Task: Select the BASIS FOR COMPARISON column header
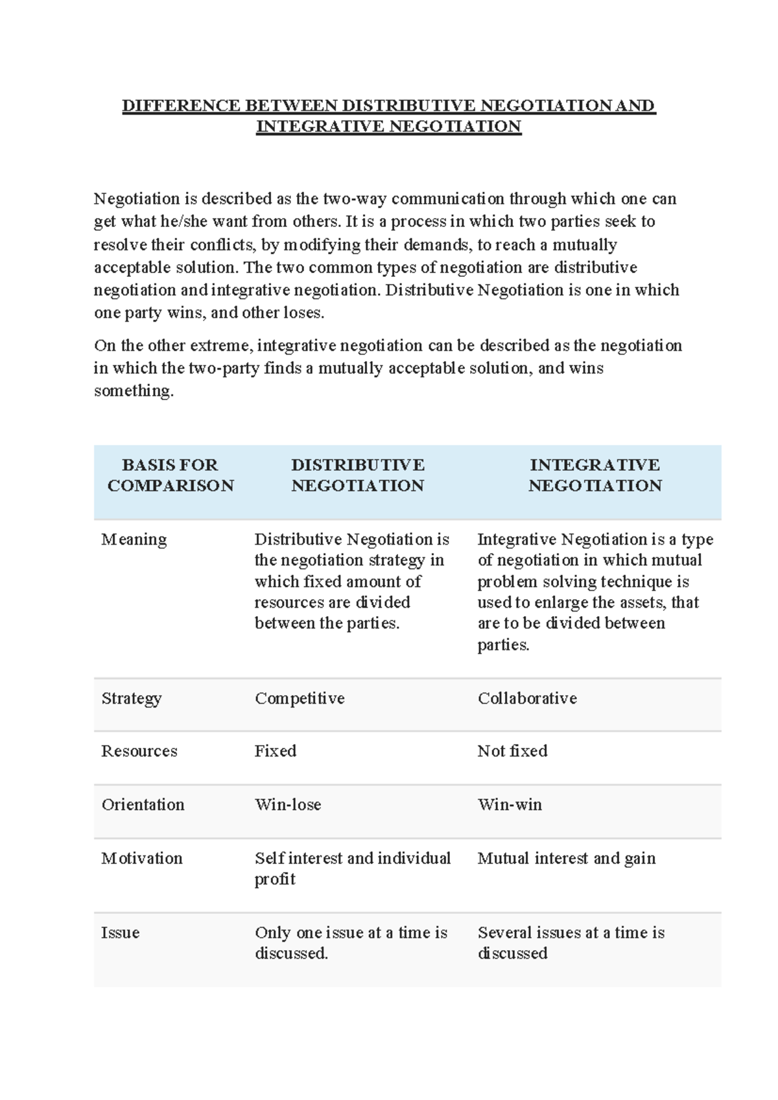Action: click(171, 475)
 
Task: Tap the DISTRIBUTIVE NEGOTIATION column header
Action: click(357, 475)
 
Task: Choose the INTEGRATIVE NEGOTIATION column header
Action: click(595, 475)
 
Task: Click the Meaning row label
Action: click(134, 540)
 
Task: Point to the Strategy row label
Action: click(132, 699)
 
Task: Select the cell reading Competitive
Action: click(300, 699)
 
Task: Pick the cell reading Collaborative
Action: click(527, 699)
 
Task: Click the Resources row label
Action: click(139, 751)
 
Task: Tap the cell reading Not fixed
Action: click(512, 751)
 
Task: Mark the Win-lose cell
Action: click(288, 805)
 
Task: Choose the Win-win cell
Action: click(510, 805)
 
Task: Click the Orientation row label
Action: click(143, 805)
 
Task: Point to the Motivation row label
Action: click(142, 859)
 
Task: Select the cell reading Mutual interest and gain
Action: click(567, 859)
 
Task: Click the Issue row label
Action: click(121, 933)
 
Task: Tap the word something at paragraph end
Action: click(134, 391)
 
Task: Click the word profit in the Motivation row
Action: click(275, 879)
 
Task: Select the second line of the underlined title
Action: click(389, 126)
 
